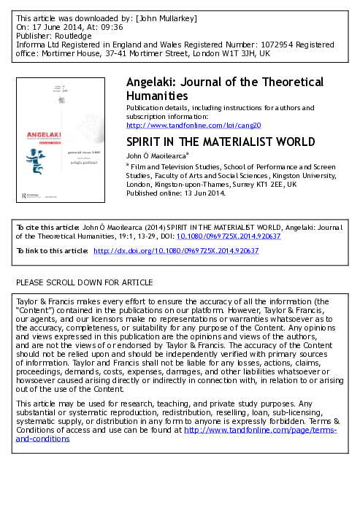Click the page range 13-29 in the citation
pyautogui.click(x=124, y=236)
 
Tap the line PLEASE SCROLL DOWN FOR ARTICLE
pyautogui.click(x=84, y=282)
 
